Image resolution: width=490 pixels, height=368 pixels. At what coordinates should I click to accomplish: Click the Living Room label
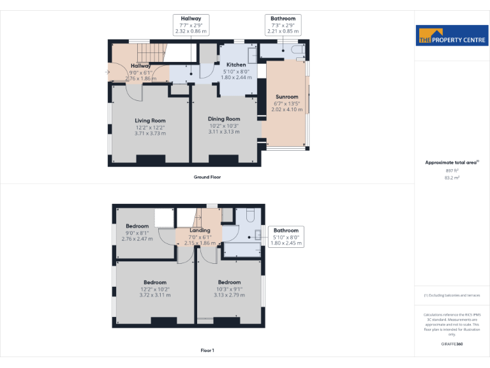tap(150, 121)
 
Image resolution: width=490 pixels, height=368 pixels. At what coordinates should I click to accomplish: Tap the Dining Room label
tap(224, 119)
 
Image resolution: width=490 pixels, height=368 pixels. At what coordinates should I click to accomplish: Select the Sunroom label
tap(287, 97)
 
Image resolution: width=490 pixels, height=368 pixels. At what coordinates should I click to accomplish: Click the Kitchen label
tap(236, 65)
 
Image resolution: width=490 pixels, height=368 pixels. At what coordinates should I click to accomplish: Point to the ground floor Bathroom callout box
tap(283, 24)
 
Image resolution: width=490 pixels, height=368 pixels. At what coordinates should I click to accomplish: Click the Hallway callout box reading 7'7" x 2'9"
tap(191, 24)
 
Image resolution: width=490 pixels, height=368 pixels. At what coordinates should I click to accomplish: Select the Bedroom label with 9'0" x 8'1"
tap(137, 226)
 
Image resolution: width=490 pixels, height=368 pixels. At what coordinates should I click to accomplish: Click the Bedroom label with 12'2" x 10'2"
tap(155, 282)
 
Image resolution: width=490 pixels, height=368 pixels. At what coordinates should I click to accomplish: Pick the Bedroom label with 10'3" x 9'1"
tap(229, 282)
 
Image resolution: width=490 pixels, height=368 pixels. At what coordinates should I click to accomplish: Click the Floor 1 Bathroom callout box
tap(285, 236)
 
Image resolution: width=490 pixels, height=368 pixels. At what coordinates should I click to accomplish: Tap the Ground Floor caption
tap(207, 177)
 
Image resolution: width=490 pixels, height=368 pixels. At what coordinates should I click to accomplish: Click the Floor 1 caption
tap(207, 350)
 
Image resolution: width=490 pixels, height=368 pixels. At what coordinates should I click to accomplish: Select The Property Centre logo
tap(452, 36)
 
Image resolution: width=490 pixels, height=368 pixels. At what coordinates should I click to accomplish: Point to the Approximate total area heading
tap(452, 163)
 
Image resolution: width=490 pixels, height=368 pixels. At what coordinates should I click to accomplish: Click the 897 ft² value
tap(452, 171)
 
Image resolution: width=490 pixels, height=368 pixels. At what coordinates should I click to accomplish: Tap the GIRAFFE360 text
tap(452, 344)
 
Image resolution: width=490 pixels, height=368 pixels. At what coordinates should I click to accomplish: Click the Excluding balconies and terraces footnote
tap(452, 295)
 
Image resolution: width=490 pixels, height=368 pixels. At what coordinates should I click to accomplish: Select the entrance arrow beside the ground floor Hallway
tap(108, 72)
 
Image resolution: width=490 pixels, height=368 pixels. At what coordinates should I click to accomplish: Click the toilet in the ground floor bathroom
tap(297, 49)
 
